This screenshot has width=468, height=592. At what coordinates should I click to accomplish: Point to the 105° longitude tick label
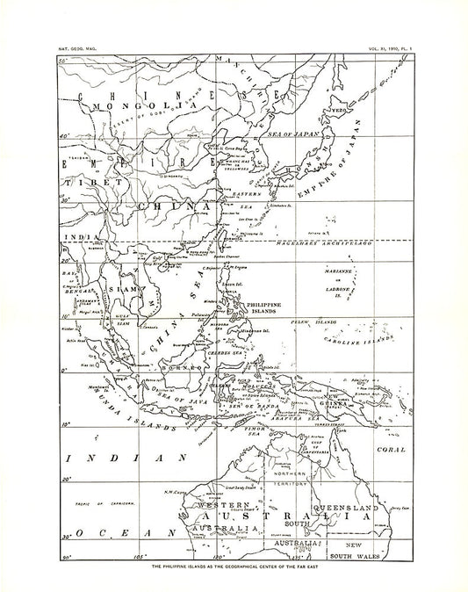coord(136,558)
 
